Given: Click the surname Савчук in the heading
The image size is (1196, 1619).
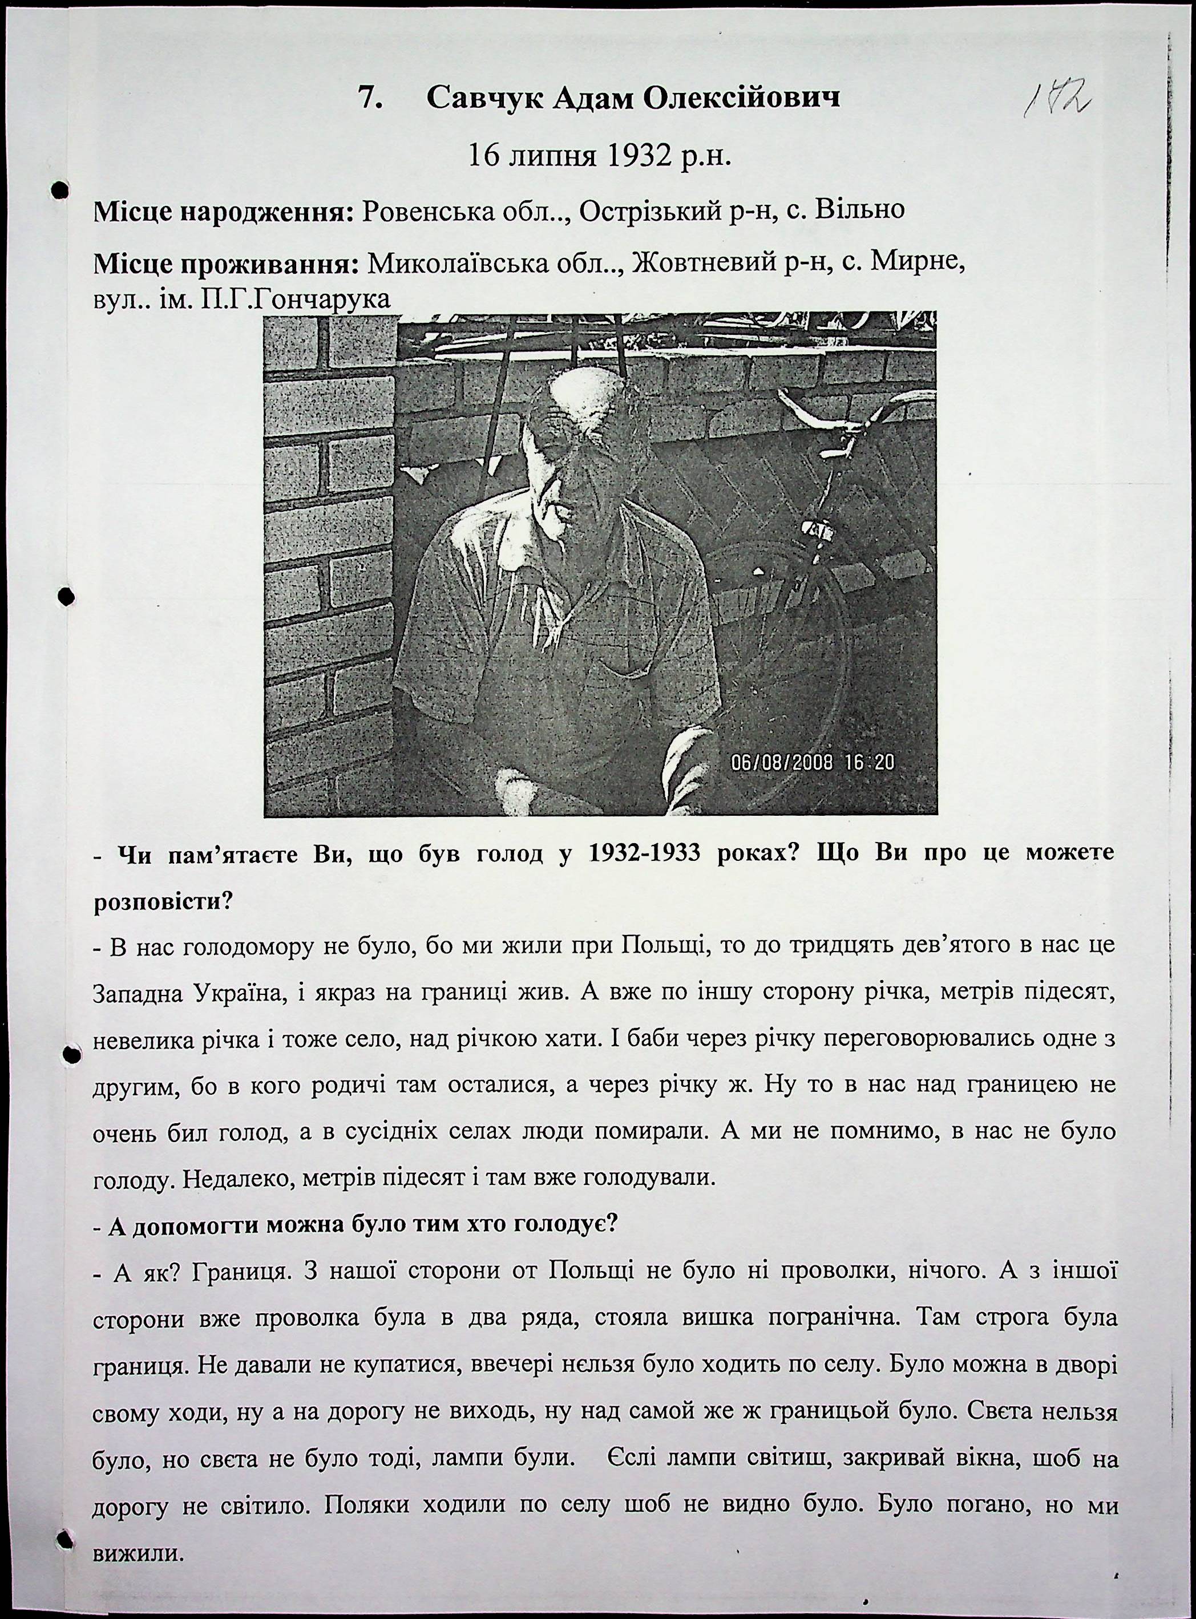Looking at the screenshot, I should click(x=484, y=97).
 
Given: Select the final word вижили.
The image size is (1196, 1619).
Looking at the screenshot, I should click(x=136, y=1552).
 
